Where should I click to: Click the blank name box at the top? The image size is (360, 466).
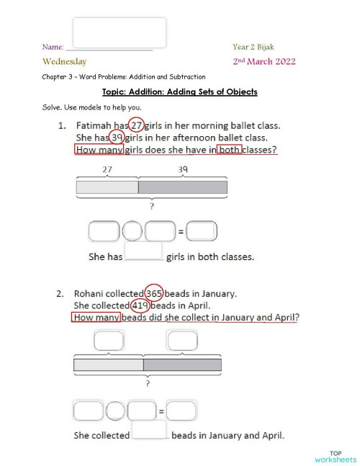(120, 33)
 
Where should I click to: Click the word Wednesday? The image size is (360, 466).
(65, 62)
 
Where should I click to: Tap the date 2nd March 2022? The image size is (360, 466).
(264, 62)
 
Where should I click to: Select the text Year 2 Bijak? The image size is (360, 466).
(253, 47)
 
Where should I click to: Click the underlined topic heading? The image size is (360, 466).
(179, 92)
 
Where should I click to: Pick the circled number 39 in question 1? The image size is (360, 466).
(116, 138)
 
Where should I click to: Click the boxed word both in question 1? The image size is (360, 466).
(229, 150)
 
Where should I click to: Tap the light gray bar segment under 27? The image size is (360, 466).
(107, 188)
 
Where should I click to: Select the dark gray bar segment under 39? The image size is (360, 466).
(182, 188)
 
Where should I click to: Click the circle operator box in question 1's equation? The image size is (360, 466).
(132, 231)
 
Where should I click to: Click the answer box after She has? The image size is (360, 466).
(144, 251)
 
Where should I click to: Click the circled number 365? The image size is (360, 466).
(153, 293)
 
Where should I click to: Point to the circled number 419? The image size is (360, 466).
(140, 305)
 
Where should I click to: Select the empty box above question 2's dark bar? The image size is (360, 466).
(182, 339)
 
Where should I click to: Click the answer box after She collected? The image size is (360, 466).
(150, 430)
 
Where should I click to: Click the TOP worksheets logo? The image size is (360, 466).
(335, 455)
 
